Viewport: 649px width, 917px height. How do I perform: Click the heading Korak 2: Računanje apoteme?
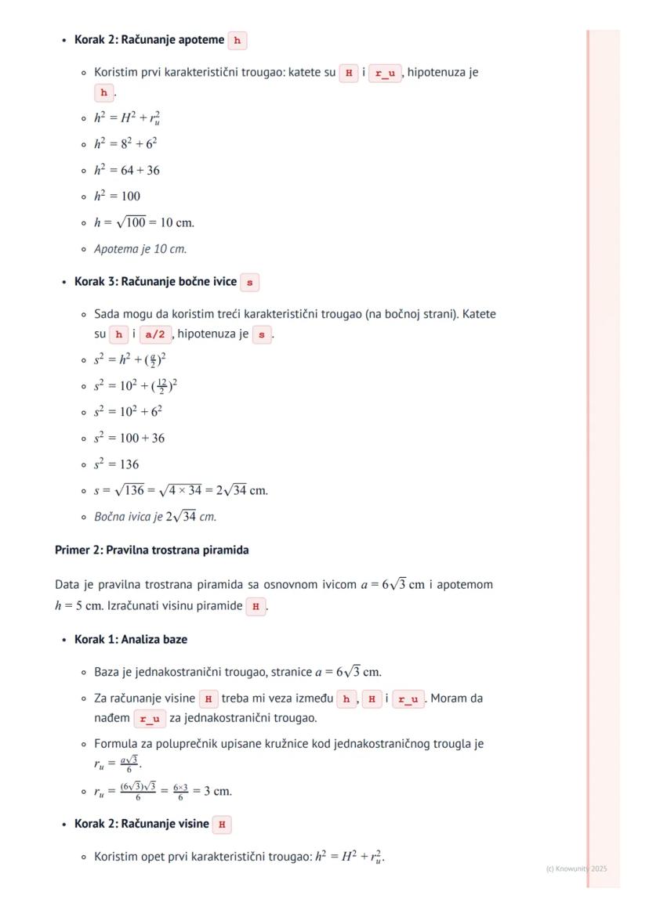[149, 40]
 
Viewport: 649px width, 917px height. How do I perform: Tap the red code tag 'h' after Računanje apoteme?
[237, 41]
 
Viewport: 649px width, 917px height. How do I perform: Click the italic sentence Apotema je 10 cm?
[140, 249]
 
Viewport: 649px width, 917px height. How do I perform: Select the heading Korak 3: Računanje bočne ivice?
[155, 281]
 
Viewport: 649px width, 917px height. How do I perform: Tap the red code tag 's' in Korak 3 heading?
[249, 282]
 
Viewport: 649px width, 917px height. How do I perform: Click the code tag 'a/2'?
[156, 334]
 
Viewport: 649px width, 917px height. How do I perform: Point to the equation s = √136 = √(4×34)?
[181, 491]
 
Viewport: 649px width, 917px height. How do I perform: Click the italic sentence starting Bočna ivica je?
[155, 517]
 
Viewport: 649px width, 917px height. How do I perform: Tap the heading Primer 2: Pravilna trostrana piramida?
[151, 550]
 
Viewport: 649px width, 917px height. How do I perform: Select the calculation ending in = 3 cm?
[163, 791]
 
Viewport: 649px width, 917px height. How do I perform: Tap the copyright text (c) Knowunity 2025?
[576, 868]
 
